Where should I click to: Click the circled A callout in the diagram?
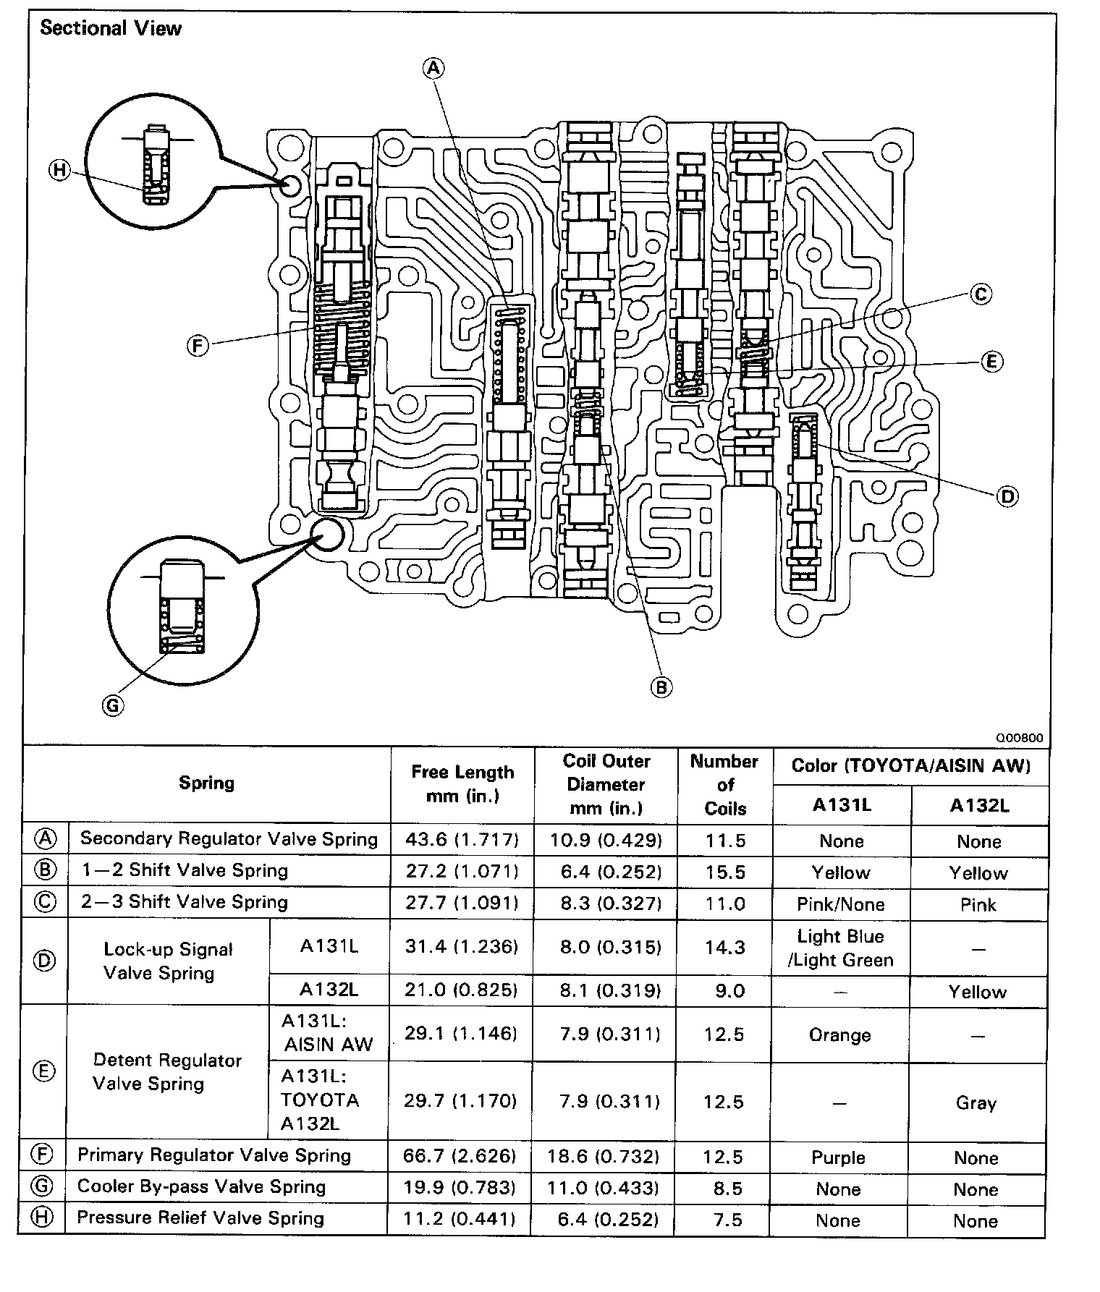tap(433, 68)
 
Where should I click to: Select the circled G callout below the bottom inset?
tap(113, 705)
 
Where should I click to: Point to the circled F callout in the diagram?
tap(198, 346)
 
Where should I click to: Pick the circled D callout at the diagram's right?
tap(1007, 496)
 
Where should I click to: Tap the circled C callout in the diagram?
tap(981, 294)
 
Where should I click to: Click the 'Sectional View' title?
tap(111, 29)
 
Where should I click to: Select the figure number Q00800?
tap(1020, 738)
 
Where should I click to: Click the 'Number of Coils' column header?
tap(724, 784)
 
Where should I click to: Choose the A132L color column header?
tap(979, 805)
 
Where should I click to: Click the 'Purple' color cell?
tap(838, 1157)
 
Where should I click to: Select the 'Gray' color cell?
tap(976, 1103)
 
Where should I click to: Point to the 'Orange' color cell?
tap(839, 1035)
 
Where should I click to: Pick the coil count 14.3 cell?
tap(724, 947)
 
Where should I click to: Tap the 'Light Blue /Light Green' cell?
tap(840, 948)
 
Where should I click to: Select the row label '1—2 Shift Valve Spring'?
tap(185, 870)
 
